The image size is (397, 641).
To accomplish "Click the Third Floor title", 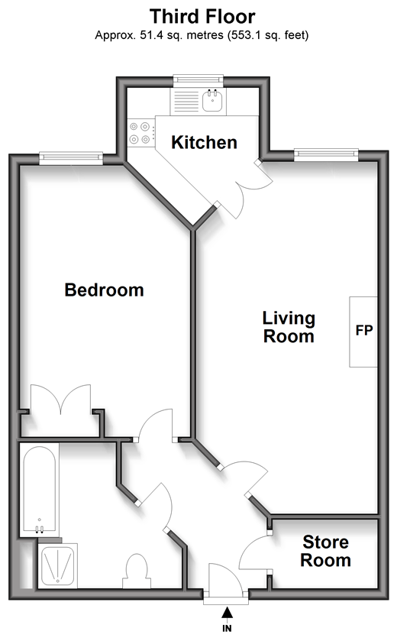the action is [x=202, y=17].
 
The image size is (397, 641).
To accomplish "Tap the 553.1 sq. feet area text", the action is [x=268, y=35].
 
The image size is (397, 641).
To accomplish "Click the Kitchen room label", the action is [x=204, y=142].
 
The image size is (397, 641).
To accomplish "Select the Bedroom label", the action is [x=104, y=290].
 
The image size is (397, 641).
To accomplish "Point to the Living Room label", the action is [x=289, y=327].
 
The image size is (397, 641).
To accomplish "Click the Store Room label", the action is [x=325, y=551].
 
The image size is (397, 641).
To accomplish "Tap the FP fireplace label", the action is [x=364, y=330].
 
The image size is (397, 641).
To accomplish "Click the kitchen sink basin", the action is [x=213, y=101].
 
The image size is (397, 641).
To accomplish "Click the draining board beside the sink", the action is [x=186, y=101].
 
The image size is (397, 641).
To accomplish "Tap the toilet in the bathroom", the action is [x=137, y=571].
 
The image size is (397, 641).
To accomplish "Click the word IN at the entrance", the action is [x=227, y=629].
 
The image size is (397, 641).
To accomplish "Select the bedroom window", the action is [x=71, y=158].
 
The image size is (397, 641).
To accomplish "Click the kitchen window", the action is [x=198, y=80].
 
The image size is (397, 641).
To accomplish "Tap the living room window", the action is [x=326, y=155].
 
